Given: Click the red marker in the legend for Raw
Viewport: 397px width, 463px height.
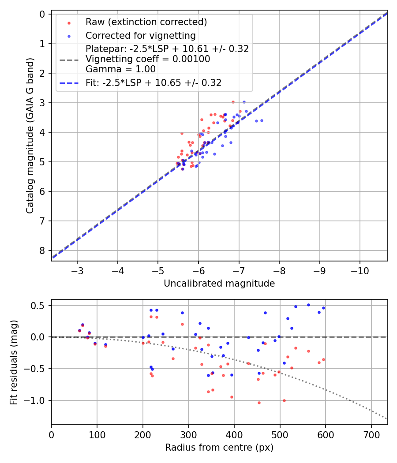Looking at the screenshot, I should (69, 22).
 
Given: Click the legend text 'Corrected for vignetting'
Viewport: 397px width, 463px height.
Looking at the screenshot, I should (141, 35).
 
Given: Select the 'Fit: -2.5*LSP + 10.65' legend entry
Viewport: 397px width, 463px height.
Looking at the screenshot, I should (154, 82).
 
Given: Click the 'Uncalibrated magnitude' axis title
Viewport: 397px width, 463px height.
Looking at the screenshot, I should (219, 284).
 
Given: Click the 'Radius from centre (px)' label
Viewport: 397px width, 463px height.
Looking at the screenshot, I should (219, 448).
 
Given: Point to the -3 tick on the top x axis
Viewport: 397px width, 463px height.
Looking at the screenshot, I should (77, 269).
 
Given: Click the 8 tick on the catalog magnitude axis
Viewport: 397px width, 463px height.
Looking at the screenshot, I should (42, 250).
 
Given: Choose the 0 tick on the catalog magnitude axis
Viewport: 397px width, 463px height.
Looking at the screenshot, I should (42, 14).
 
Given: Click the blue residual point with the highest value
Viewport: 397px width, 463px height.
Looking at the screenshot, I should (308, 305).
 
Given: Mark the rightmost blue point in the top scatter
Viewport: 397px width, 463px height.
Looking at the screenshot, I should (262, 120).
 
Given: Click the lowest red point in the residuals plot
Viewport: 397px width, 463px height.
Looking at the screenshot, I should (259, 403).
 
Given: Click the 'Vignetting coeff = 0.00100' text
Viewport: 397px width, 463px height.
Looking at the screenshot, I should (148, 59).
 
